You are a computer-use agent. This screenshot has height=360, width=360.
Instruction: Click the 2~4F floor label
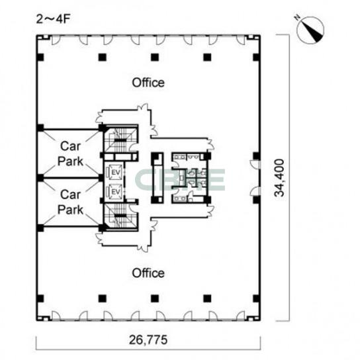coord(53,19)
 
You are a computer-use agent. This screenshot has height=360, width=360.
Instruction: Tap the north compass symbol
coord(310,29)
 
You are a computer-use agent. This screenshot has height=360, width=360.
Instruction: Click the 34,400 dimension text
coord(279,178)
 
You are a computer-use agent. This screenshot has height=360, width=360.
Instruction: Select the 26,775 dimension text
coord(148,339)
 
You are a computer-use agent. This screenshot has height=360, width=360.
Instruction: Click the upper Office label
coord(148,83)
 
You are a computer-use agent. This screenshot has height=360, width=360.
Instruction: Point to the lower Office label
coord(148,273)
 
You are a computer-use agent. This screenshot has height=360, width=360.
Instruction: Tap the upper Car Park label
coord(70,154)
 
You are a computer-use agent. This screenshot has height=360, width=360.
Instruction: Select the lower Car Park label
coord(70,202)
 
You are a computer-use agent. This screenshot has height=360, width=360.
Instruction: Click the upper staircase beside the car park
coord(120,138)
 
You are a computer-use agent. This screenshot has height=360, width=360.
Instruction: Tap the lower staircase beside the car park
coord(120,217)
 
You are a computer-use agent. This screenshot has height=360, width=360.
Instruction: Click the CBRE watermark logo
coord(180,180)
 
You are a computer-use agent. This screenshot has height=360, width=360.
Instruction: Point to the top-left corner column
coord(40,57)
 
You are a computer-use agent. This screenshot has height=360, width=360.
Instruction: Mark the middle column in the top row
coord(155,57)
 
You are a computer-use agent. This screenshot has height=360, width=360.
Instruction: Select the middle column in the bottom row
coord(155,298)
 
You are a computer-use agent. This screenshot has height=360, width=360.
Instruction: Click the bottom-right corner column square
coord(257,298)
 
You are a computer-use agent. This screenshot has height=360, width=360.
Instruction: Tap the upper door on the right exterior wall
coord(254,164)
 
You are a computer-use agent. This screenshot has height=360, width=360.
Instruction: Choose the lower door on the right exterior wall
coord(254,191)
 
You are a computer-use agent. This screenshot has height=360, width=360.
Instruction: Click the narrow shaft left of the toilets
coord(157,178)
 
